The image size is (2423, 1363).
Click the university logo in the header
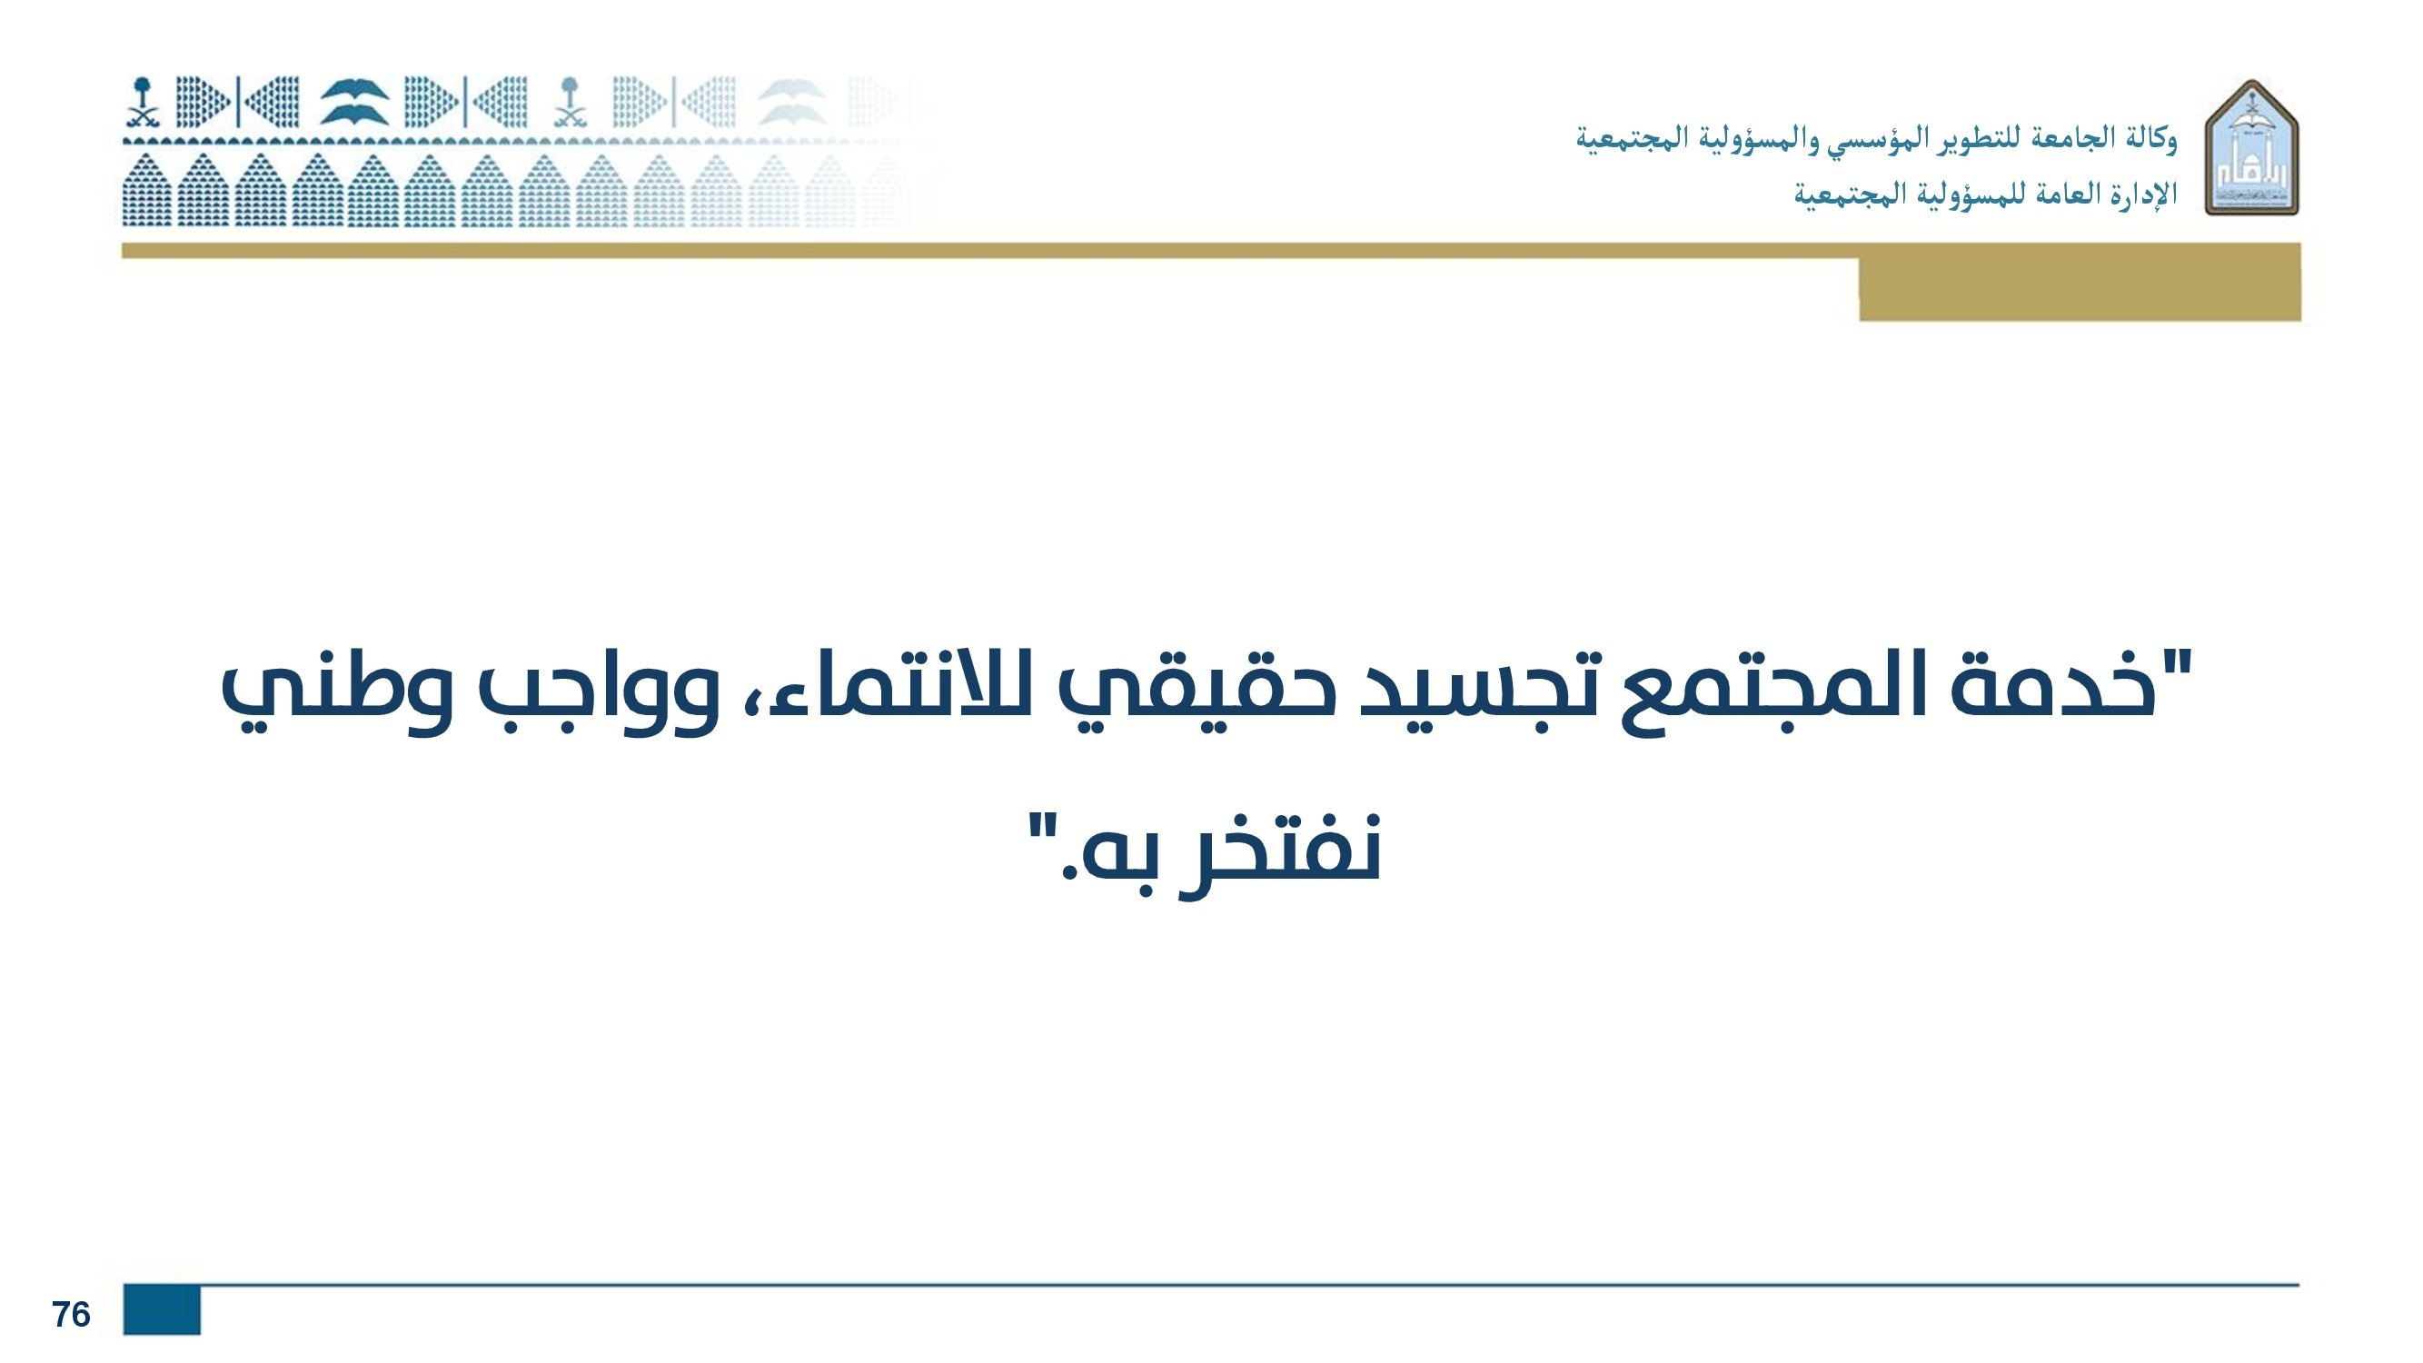tap(2252, 148)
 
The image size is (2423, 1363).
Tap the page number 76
tap(72, 1314)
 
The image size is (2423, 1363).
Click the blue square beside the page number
tap(162, 1309)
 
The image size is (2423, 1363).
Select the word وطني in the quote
tap(335, 703)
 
